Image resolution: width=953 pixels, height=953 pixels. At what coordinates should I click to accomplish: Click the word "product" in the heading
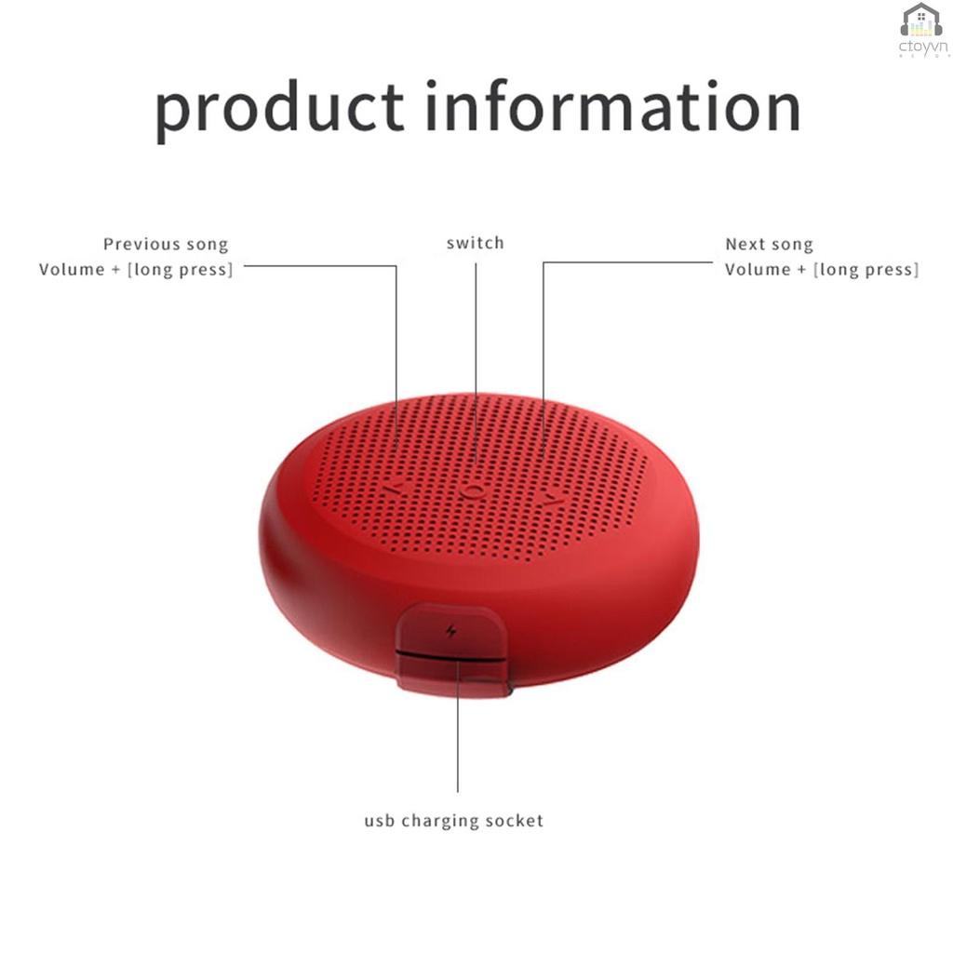279,110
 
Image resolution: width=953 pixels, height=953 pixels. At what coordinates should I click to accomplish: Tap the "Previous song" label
166,245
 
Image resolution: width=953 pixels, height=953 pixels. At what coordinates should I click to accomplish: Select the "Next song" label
769,245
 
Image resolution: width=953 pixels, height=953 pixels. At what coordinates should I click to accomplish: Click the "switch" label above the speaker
475,244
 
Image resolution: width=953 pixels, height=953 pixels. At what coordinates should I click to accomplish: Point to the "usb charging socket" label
453,821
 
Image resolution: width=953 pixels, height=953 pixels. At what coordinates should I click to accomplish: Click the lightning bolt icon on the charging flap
451,632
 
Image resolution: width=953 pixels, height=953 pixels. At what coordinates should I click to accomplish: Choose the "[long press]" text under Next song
866,270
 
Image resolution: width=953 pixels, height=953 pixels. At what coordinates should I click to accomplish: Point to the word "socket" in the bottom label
516,821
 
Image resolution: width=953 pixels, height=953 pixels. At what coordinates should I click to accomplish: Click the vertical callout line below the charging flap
457,745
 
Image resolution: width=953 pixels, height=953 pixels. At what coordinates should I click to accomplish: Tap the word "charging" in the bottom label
443,822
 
